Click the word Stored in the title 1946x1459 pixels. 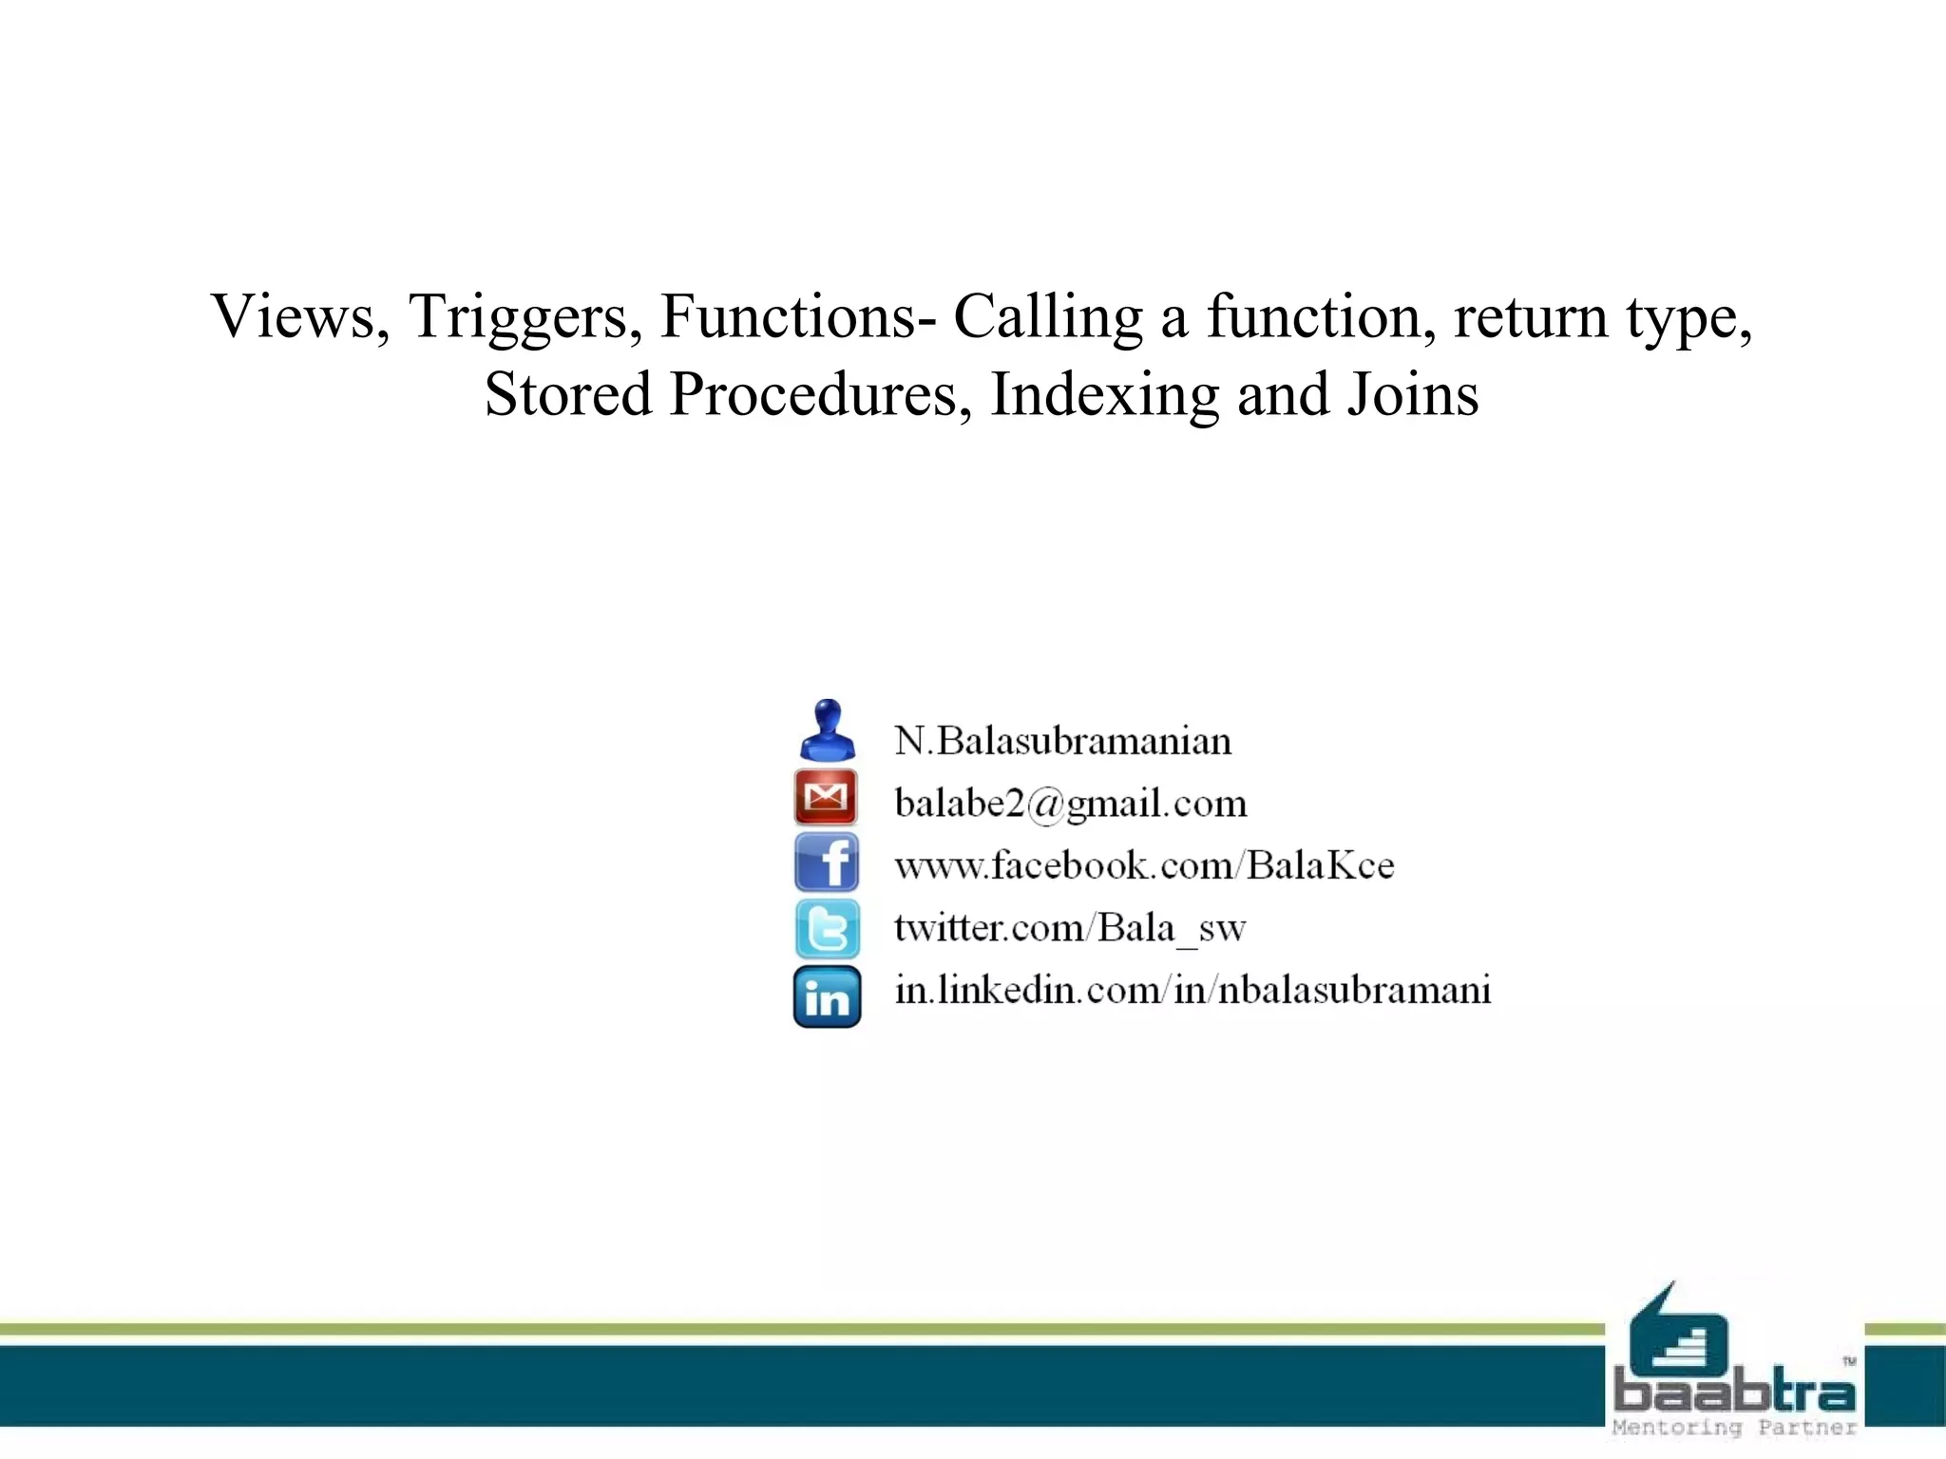[x=567, y=394]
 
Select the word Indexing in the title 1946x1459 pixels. [x=1104, y=396]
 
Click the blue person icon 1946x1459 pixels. [x=827, y=730]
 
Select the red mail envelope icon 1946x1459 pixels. [x=826, y=798]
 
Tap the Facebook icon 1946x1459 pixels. [x=827, y=862]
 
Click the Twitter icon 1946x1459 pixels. [x=827, y=928]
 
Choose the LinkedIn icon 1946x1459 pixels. [x=827, y=996]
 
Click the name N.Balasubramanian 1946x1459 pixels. [x=1062, y=741]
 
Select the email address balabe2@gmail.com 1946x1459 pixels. [x=1070, y=804]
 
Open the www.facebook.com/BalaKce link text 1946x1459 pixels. [x=1144, y=865]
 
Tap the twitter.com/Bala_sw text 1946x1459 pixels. [x=1069, y=928]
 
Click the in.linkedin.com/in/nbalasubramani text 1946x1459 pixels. [x=1192, y=990]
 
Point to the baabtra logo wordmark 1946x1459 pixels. [x=1734, y=1393]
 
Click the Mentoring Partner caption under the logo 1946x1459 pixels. [x=1734, y=1428]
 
